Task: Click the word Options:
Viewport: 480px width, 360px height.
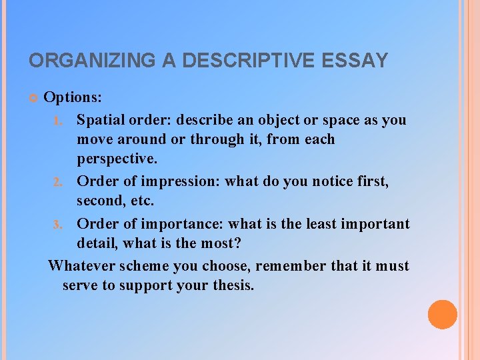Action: [x=73, y=97]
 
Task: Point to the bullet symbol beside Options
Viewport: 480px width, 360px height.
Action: [x=33, y=98]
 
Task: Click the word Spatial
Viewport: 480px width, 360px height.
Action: [x=100, y=120]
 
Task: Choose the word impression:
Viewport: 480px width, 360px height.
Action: [x=180, y=181]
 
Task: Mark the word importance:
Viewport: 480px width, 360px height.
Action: [x=181, y=223]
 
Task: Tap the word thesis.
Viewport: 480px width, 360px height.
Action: [x=229, y=285]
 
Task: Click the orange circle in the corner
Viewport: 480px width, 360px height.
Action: [x=442, y=315]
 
